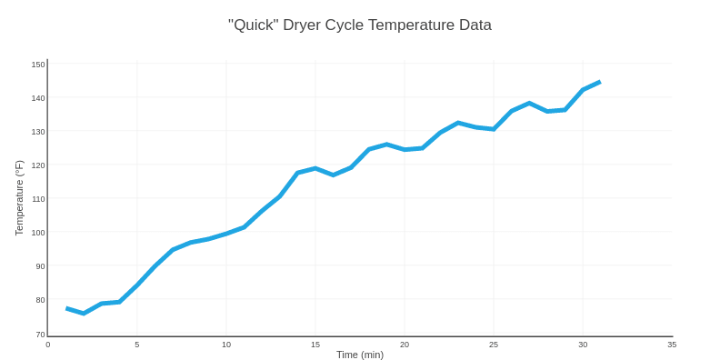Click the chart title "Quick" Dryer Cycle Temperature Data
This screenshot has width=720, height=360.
(360, 25)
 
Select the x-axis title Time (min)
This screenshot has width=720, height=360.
(360, 355)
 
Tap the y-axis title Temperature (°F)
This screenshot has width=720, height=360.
(19, 198)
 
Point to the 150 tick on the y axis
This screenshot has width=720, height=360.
(38, 65)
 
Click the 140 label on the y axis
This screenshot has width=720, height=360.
(38, 98)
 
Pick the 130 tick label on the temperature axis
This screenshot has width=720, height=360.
(38, 132)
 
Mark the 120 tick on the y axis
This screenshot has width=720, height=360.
(38, 165)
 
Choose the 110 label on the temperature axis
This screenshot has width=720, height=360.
(38, 199)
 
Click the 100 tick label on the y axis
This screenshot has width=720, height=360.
(38, 233)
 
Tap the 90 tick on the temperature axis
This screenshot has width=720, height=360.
(40, 266)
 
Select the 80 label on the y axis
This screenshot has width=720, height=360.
(40, 300)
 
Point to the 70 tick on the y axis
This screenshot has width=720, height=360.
(40, 334)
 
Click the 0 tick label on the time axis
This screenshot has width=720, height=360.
(48, 345)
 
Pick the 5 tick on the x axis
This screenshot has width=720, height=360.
(137, 345)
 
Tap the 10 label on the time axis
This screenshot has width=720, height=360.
(226, 345)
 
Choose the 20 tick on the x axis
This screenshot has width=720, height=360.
(405, 345)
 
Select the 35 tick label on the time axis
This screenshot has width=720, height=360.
(672, 345)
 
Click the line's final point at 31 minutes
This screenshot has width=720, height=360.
(600, 82)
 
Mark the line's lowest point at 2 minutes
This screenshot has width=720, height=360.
(84, 314)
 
